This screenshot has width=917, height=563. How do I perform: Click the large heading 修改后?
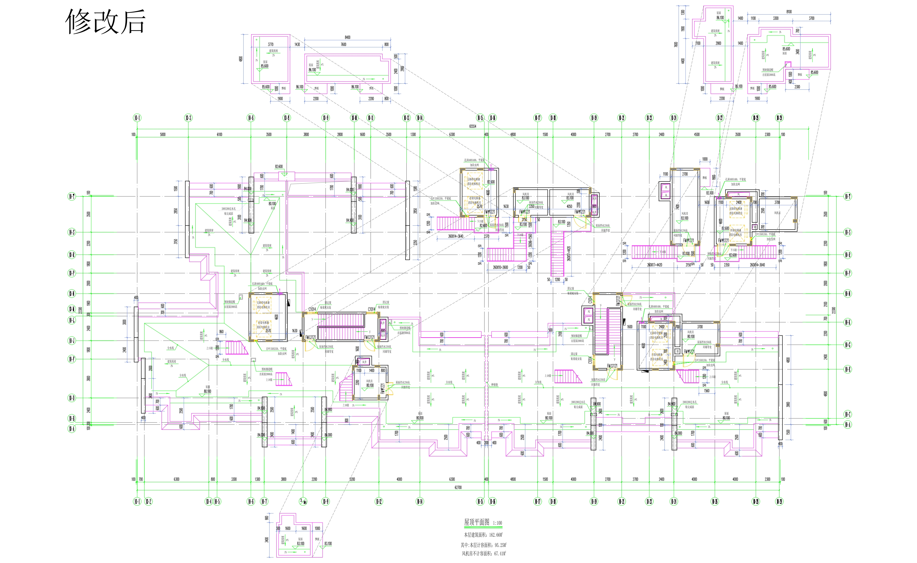pos(105,22)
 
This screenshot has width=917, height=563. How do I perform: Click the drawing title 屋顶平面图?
pos(477,522)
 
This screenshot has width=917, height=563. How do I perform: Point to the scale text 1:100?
pos(497,523)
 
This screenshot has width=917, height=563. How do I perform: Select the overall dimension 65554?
pos(472,126)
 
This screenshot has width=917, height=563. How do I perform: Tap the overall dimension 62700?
pos(458,487)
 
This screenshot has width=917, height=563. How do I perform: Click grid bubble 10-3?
pos(188,118)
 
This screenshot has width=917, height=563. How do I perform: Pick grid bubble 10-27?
pos(720,118)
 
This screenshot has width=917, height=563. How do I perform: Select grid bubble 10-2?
pos(148,502)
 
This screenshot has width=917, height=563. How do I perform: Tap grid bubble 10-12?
pos(379,502)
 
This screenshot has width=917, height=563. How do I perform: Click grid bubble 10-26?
pos(715,502)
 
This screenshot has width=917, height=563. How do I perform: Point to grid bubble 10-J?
pos(72,340)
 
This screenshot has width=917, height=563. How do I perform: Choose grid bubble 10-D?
pos(72,398)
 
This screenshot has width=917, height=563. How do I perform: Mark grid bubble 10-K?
pos(848,322)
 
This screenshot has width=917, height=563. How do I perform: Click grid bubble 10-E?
pos(848,369)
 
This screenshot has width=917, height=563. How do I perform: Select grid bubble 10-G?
pos(848,345)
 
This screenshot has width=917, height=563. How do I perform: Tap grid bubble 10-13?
pos(406,118)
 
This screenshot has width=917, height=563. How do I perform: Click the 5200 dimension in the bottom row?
pos(352,479)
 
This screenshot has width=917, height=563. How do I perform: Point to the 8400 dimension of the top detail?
pos(347,37)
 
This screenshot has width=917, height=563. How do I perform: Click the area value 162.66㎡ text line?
pos(483,535)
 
